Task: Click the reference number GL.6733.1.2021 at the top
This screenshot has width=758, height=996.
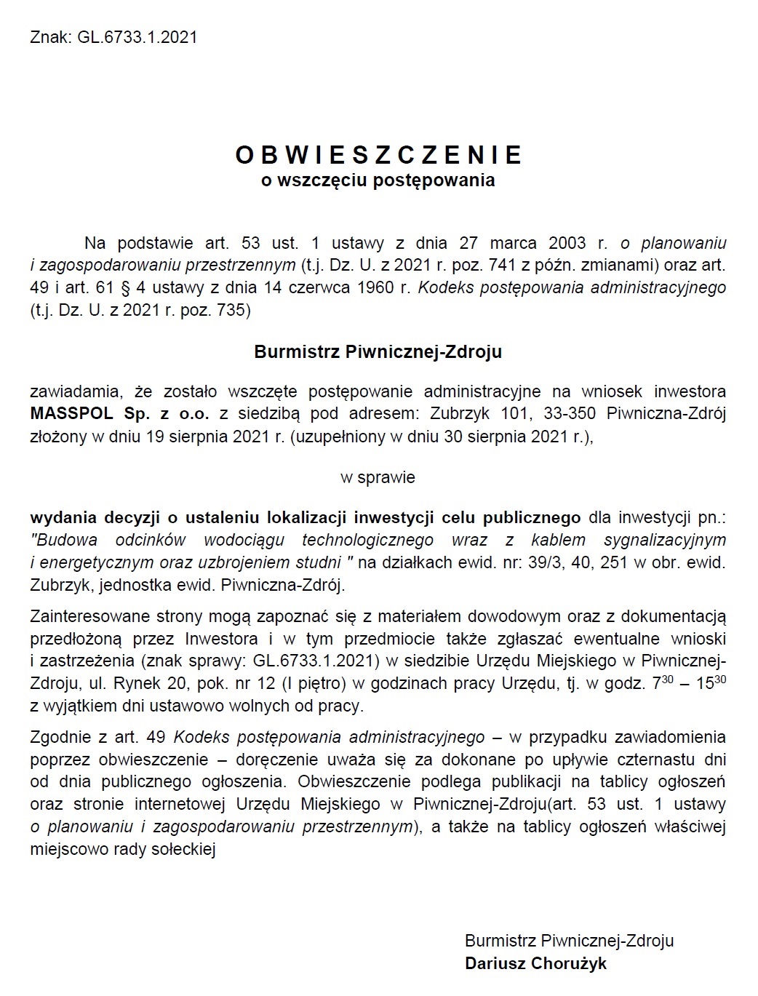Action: (x=136, y=37)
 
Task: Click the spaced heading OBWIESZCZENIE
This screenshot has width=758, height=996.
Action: (x=379, y=155)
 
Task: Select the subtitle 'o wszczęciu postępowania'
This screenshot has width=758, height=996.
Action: (x=378, y=180)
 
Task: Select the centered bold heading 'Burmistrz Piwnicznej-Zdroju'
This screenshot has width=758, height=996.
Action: (x=378, y=352)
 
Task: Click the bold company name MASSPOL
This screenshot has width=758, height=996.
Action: (x=72, y=414)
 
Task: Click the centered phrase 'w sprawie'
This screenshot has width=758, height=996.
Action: (x=378, y=478)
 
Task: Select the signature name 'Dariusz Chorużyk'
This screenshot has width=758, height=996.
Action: (x=536, y=964)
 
